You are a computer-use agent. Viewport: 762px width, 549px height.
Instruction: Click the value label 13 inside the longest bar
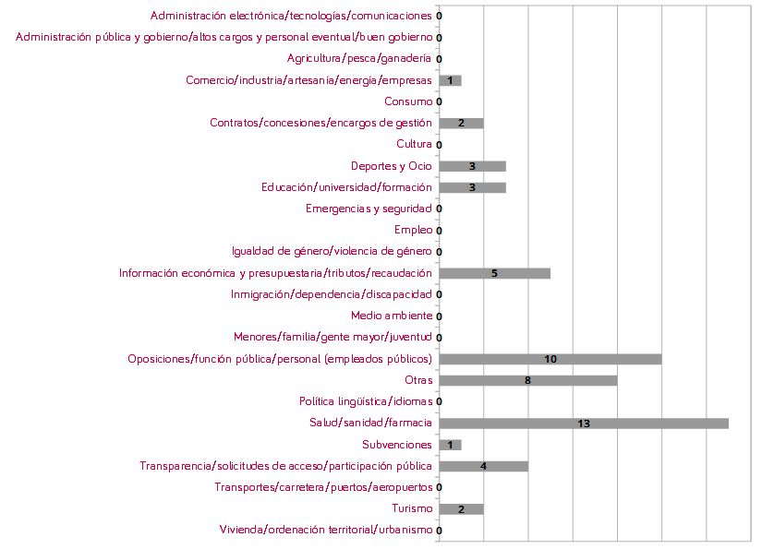[x=584, y=424]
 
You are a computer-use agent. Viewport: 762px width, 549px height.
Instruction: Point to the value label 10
[x=550, y=359]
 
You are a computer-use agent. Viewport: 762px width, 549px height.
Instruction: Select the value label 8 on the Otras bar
[x=527, y=380]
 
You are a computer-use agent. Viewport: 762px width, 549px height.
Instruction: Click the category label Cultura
[x=414, y=144]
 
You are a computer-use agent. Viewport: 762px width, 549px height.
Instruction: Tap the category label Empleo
[x=412, y=230]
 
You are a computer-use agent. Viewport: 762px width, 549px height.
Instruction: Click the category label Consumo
[x=407, y=101]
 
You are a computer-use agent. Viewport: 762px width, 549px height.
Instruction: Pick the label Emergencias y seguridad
[x=369, y=209]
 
